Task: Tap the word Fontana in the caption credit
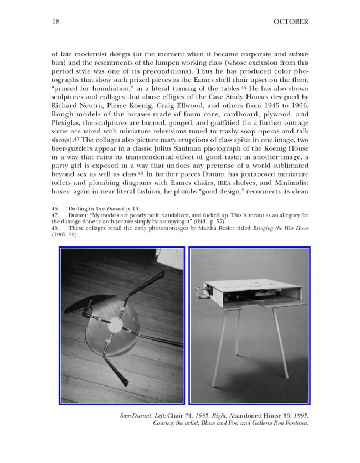click(295, 423)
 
